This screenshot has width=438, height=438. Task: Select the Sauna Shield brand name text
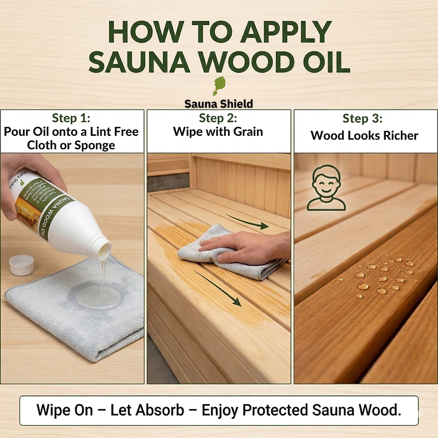click(x=219, y=104)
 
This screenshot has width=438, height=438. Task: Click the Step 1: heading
click(x=72, y=118)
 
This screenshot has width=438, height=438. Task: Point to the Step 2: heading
click(x=218, y=118)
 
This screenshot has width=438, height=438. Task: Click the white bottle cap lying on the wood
click(x=21, y=265)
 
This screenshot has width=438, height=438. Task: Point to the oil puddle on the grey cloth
click(x=98, y=296)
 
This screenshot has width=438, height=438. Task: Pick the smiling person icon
click(x=326, y=188)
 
